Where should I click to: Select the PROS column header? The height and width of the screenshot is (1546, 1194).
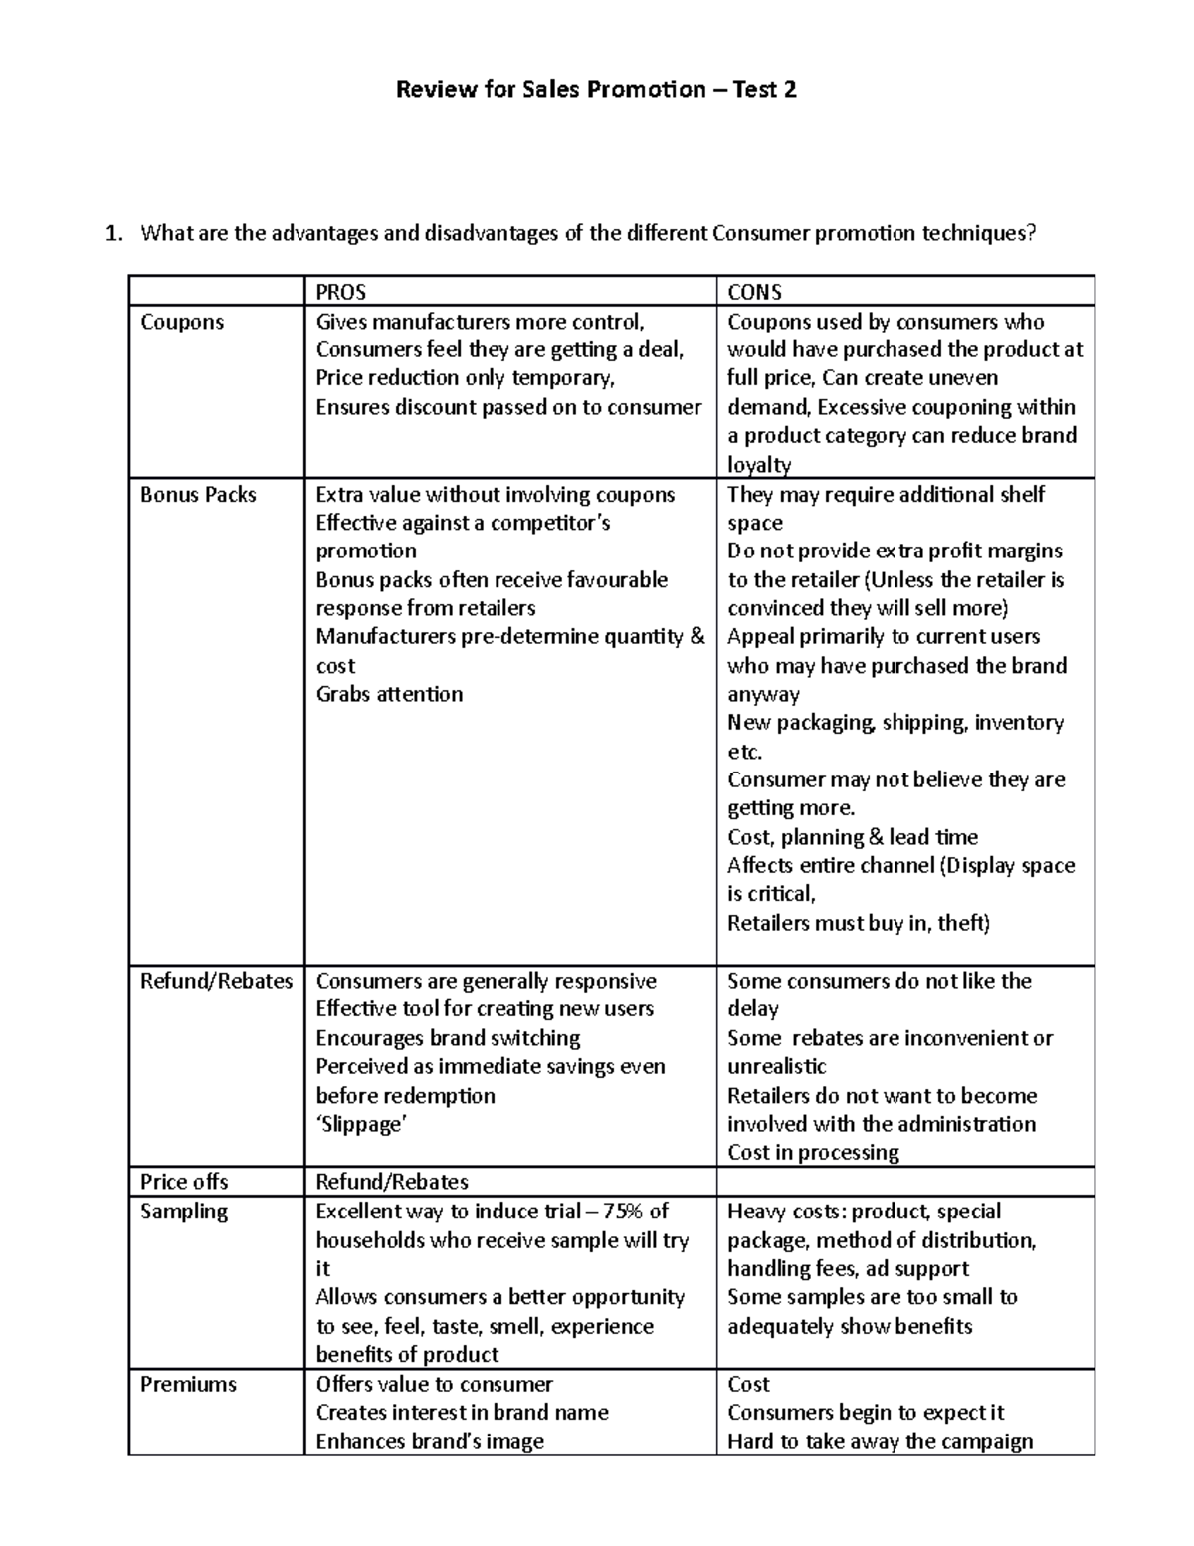click(340, 292)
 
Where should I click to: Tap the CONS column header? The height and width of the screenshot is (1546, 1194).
click(754, 292)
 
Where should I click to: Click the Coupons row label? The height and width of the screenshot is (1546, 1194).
click(182, 322)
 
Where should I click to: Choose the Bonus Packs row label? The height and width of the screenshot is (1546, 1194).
click(198, 495)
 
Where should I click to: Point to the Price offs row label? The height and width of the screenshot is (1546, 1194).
click(184, 1182)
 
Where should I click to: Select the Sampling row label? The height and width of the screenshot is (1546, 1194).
click(184, 1212)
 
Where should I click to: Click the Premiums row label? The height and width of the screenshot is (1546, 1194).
click(188, 1384)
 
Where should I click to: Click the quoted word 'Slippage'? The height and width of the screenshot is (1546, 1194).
click(362, 1124)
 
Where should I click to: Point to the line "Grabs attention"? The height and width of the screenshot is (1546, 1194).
click(389, 694)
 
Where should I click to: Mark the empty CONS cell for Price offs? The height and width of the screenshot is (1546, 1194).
click(904, 1182)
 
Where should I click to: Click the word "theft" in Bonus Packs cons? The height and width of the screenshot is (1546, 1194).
click(962, 923)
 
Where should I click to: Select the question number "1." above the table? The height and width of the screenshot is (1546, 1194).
click(115, 234)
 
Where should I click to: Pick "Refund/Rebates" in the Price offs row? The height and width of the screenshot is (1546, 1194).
click(391, 1182)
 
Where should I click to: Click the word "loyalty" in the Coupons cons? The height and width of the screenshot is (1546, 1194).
click(759, 465)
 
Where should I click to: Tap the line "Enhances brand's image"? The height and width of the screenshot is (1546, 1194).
click(430, 1441)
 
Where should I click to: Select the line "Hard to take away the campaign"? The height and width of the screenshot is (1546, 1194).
click(880, 1441)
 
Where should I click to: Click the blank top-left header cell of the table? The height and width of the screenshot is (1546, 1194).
click(216, 292)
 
